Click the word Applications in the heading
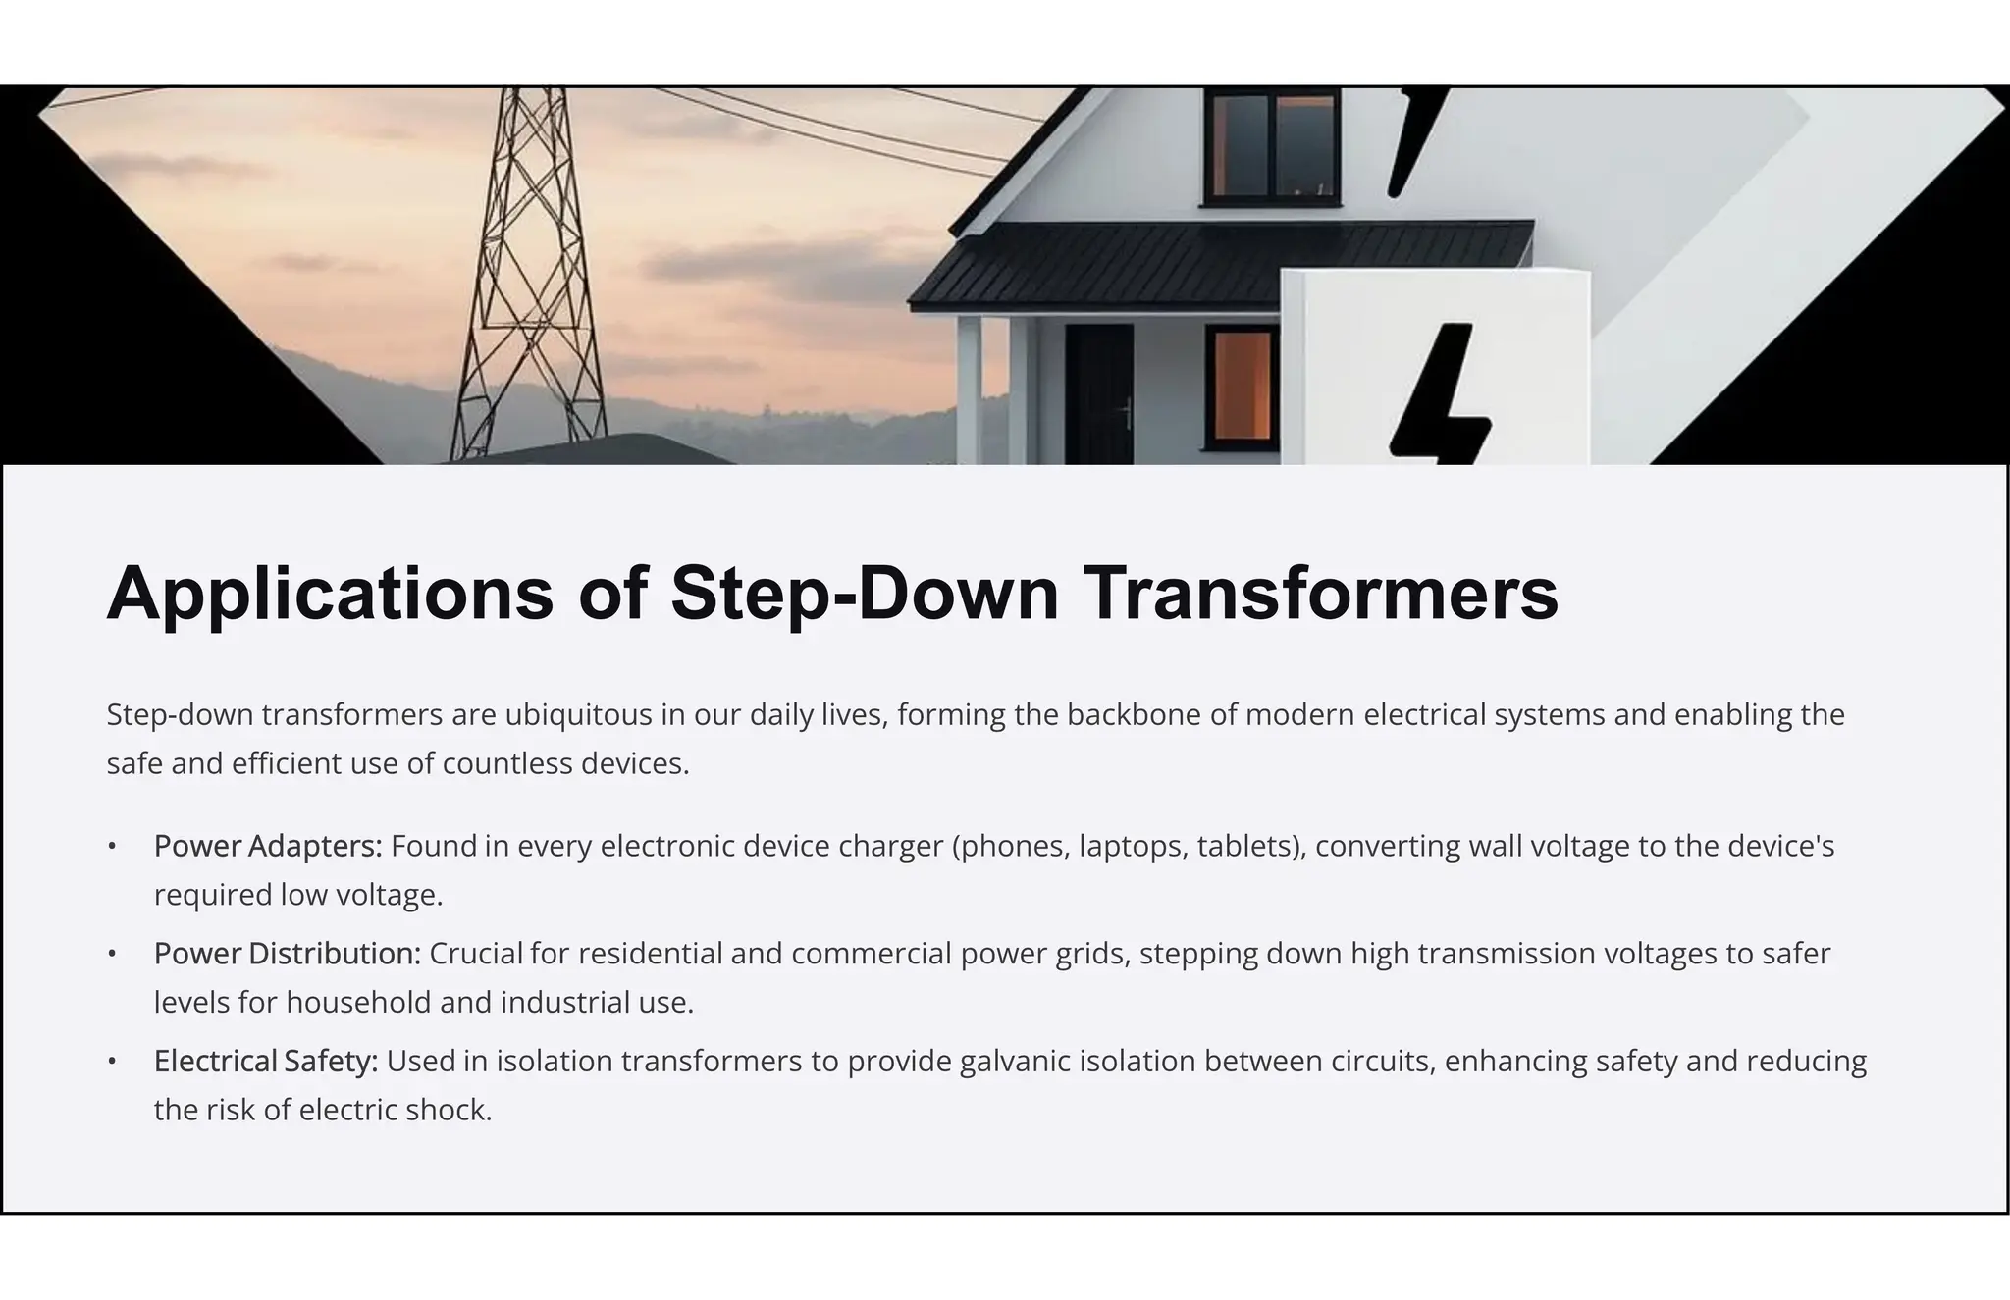[x=330, y=594]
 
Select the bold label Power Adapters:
[x=268, y=846]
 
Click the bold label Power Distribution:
[x=288, y=954]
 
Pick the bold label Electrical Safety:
[x=266, y=1061]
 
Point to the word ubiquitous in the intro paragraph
[x=578, y=714]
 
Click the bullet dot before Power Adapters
[x=113, y=846]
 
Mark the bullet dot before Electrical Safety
[x=113, y=1061]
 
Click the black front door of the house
[x=1099, y=392]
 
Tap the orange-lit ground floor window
[x=1242, y=388]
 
